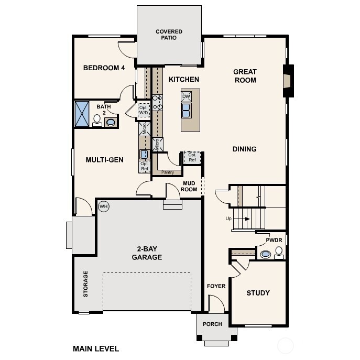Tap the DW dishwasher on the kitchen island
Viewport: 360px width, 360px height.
click(x=186, y=97)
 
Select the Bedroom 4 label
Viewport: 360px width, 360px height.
click(x=104, y=68)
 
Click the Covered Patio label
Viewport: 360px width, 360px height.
click(x=169, y=35)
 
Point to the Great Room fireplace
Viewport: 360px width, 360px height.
click(x=287, y=81)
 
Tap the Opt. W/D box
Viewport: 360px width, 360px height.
click(x=143, y=110)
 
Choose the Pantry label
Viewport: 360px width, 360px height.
click(x=167, y=172)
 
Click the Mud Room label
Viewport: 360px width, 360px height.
click(x=189, y=186)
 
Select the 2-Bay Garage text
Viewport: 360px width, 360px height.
click(x=146, y=253)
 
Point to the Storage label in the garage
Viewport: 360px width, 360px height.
click(x=85, y=284)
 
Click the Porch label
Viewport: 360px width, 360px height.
click(x=212, y=324)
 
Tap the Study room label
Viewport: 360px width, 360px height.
click(x=258, y=293)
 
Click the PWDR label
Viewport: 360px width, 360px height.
click(x=274, y=240)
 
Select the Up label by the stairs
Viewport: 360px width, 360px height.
click(x=228, y=218)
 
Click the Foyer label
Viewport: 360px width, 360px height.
click(x=216, y=286)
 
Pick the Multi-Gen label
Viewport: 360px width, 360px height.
click(x=104, y=160)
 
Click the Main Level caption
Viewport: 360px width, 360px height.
click(x=96, y=348)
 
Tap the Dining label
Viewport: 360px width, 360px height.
click(x=244, y=149)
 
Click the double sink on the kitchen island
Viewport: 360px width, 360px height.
click(x=186, y=110)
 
